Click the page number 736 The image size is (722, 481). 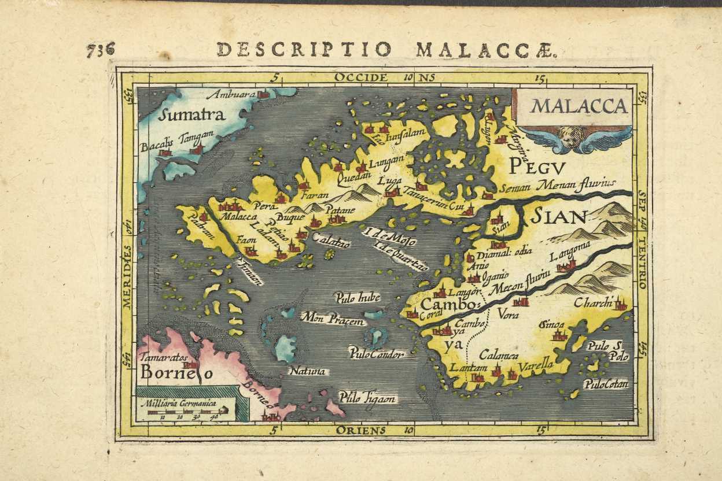(x=101, y=49)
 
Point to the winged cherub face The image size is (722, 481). (x=569, y=138)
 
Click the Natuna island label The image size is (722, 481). (x=307, y=371)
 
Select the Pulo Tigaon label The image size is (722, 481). (x=367, y=398)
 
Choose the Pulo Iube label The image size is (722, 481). (x=358, y=298)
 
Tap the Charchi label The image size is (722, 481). (x=594, y=303)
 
